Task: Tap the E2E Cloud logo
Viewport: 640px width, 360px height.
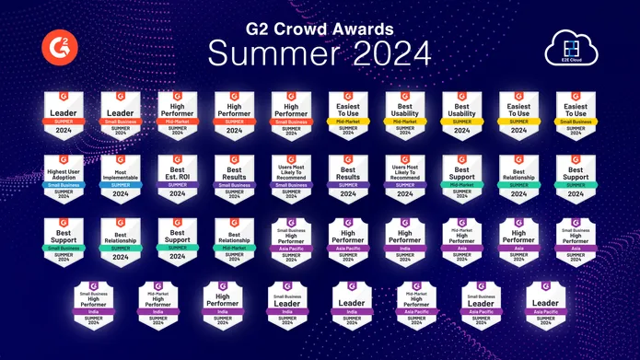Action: coord(572,47)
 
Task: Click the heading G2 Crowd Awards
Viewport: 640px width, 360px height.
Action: coord(320,28)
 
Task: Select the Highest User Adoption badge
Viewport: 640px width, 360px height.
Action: coord(64,177)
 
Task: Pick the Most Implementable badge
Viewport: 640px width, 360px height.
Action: coord(121,177)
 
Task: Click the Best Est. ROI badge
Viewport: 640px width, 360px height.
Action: coord(178,177)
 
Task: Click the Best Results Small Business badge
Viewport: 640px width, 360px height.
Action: coord(234,177)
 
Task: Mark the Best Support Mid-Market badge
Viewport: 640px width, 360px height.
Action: coord(461,177)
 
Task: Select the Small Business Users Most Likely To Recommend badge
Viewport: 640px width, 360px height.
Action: coord(291,177)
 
